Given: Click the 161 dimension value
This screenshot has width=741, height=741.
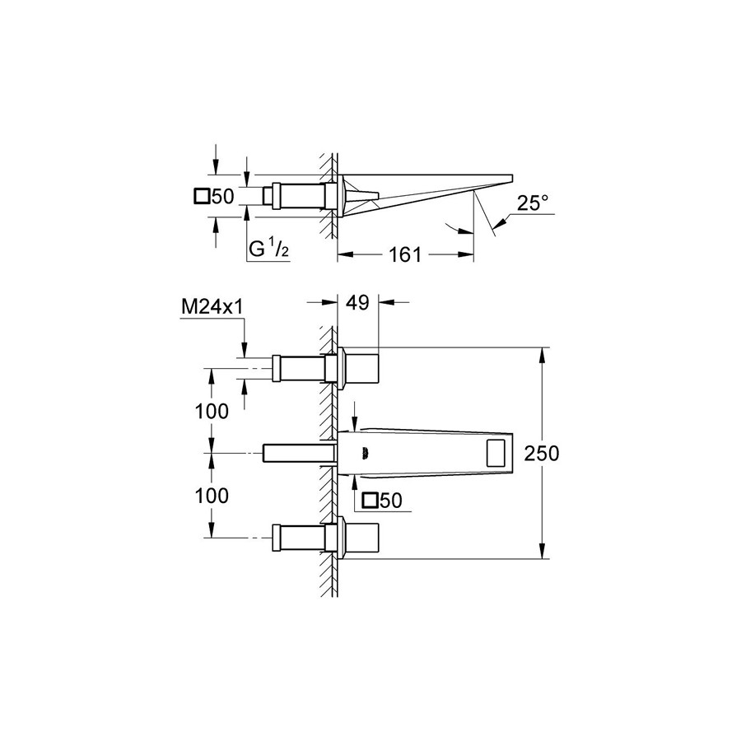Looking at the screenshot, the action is (x=404, y=255).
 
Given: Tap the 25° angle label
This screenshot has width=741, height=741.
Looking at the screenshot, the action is (x=533, y=203).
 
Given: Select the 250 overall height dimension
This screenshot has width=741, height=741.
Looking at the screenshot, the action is (x=542, y=454).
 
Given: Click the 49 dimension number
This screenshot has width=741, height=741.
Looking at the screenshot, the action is (x=358, y=302).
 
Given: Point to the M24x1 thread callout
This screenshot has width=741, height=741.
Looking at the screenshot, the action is (x=212, y=308).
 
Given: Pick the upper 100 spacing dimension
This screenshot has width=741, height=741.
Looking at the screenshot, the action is (x=212, y=412).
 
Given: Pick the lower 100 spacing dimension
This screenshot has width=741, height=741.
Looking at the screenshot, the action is (x=212, y=496).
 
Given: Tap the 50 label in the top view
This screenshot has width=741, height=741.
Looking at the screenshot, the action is (x=222, y=197).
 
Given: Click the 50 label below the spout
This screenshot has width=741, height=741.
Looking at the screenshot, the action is (x=390, y=501).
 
